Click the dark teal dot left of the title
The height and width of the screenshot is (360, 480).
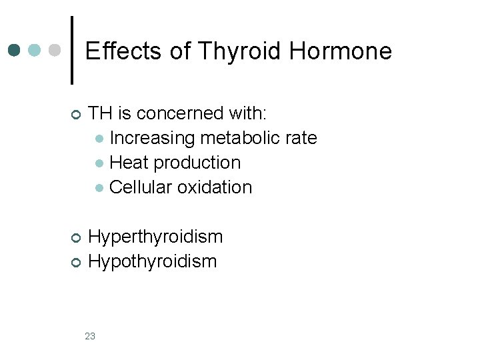[x=14, y=51]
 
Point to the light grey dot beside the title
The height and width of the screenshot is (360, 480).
[x=55, y=51]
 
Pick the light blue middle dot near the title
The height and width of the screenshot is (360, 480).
[x=35, y=51]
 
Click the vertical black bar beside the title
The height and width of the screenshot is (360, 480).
[x=72, y=51]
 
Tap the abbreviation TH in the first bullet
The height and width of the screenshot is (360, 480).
[x=100, y=113]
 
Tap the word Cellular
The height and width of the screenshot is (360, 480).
[x=141, y=187]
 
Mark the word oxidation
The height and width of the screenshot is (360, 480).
[x=215, y=187]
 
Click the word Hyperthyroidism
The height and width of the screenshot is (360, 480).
[x=155, y=237]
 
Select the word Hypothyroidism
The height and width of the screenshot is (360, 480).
[x=153, y=261]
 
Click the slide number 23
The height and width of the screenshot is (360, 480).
[x=90, y=336]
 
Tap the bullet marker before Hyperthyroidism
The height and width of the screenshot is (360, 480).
[x=75, y=238]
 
